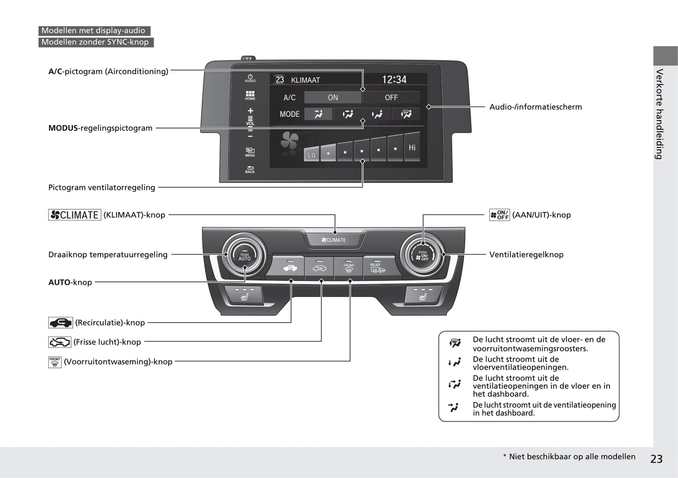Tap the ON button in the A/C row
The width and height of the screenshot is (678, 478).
pos(333,98)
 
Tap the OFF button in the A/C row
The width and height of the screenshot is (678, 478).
pos(391,98)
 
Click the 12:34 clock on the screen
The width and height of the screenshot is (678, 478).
pos(394,80)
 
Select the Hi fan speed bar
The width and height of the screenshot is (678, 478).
pos(412,147)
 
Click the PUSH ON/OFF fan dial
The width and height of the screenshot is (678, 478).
pos(423,256)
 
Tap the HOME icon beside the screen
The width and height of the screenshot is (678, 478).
pos(250,95)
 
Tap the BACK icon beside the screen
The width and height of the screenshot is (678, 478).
pos(250,169)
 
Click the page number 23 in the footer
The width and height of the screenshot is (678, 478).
pos(656,459)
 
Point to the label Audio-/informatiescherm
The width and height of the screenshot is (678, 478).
pos(535,107)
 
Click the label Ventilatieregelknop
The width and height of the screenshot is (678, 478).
pos(526,255)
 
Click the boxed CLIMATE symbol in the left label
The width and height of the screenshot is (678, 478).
pos(75,215)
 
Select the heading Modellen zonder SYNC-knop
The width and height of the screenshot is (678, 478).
pos(95,42)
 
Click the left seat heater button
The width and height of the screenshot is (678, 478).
pos(244,296)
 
